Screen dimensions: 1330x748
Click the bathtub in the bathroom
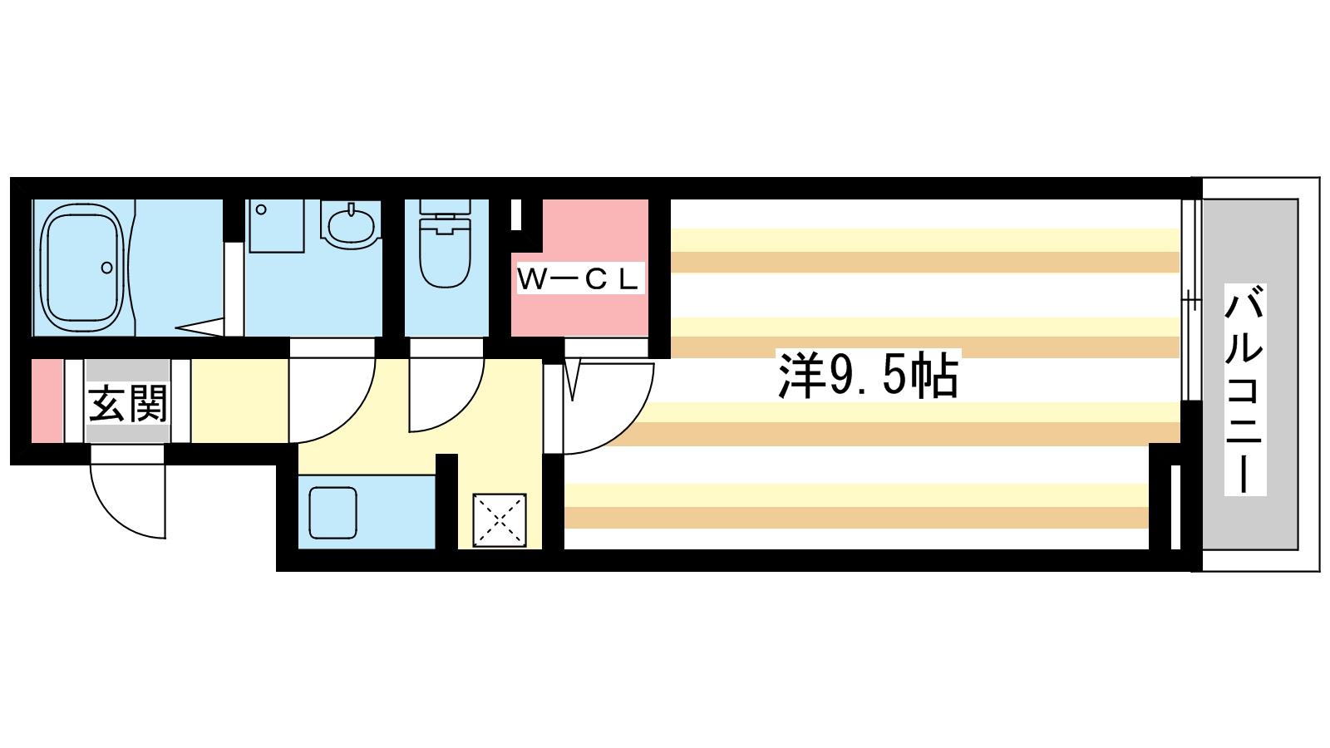coord(82,268)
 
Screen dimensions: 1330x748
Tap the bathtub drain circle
coord(107,268)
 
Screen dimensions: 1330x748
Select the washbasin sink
coord(350,224)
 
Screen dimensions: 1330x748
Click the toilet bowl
coord(446,253)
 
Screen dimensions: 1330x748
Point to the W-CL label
coord(579,278)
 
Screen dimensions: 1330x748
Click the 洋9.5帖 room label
coord(868,376)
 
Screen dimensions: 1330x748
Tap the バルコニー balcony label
coord(1245,390)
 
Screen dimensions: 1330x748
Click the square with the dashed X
coord(500,520)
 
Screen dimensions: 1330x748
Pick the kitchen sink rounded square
coord(333,513)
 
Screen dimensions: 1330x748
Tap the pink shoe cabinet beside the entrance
coord(47,401)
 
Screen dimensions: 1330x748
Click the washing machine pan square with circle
coord(276,226)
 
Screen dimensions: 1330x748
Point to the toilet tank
coord(446,207)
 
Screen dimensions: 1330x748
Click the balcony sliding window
coord(1190,300)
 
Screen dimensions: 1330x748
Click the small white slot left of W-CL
coord(516,214)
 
